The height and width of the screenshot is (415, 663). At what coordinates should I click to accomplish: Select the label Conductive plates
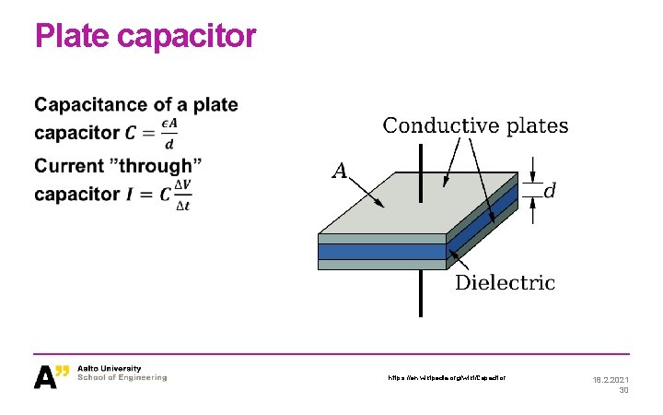click(x=475, y=125)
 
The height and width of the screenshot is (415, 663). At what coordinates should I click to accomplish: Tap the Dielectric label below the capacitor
click(x=506, y=282)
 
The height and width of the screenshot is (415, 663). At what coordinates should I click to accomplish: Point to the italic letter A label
click(x=340, y=171)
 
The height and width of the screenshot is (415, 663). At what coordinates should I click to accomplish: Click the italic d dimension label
click(x=550, y=191)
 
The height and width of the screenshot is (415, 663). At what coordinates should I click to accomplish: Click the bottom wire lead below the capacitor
click(x=421, y=294)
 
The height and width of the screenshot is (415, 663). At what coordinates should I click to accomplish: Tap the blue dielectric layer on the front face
click(x=382, y=251)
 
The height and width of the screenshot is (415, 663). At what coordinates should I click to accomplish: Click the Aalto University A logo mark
click(x=52, y=376)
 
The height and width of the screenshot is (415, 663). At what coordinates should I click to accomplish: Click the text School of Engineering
click(x=122, y=378)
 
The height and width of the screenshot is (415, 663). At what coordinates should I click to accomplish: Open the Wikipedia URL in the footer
click(x=447, y=377)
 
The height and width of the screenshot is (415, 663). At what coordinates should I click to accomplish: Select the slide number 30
click(x=623, y=390)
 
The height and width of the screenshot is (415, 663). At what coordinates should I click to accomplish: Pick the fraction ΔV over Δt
click(x=184, y=195)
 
